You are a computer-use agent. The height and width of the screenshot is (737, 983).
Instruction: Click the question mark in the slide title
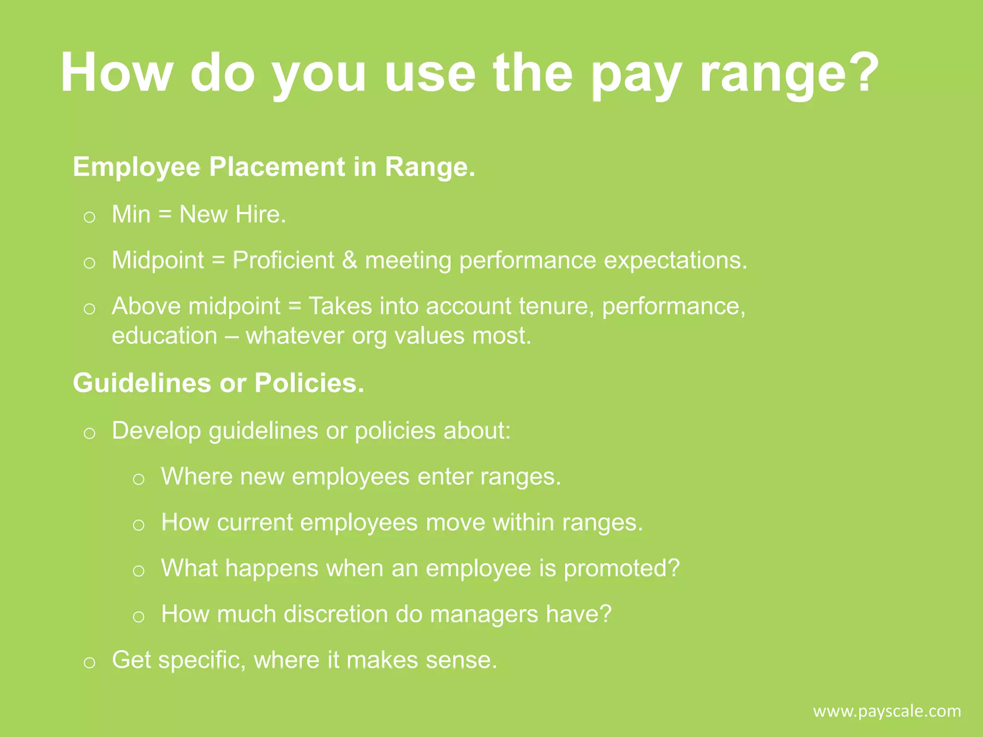[x=862, y=72]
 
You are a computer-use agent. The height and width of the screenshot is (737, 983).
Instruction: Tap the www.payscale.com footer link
[x=887, y=711]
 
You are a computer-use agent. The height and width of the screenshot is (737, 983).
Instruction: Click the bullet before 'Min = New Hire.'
[x=89, y=217]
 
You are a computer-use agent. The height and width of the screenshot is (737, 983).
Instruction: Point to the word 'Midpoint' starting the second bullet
[x=158, y=261]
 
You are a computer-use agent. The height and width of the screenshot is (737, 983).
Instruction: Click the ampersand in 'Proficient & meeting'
[x=349, y=261]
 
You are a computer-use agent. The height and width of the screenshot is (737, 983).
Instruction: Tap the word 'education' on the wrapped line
[x=164, y=336]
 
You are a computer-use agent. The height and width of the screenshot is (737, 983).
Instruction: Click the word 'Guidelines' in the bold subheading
[x=142, y=383]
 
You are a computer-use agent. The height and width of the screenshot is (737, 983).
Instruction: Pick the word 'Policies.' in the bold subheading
[x=309, y=383]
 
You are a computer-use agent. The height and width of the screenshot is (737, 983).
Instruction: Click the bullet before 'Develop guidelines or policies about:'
[x=89, y=434]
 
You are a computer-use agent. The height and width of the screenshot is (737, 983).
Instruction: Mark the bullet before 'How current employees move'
[x=139, y=525]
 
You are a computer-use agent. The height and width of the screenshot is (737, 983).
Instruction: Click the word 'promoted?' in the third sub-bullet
[x=622, y=569]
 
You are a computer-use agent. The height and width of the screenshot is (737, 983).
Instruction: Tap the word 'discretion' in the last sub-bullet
[x=342, y=614]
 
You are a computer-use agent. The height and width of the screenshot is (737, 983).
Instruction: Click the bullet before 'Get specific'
[x=89, y=663]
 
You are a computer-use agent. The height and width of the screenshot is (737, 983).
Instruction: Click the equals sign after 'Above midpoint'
[x=295, y=307]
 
